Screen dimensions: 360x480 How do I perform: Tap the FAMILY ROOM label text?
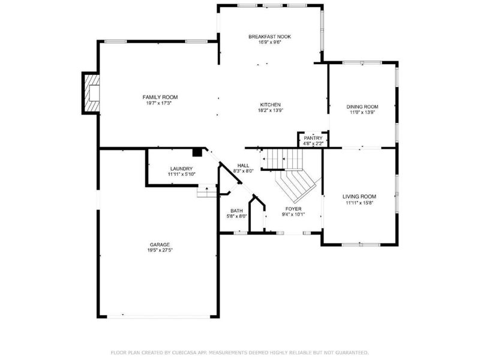click(160, 97)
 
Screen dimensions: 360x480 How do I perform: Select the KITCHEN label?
click(270, 104)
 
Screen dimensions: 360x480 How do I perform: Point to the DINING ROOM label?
click(362, 107)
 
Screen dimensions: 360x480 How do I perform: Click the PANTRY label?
click(313, 138)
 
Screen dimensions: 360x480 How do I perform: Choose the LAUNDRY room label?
click(181, 169)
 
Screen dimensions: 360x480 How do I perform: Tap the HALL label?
click(243, 165)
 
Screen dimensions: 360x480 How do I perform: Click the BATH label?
click(236, 211)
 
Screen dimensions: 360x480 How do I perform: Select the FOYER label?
click(293, 209)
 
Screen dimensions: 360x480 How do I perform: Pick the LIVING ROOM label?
click(359, 196)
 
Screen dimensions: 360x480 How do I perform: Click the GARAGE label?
click(160, 244)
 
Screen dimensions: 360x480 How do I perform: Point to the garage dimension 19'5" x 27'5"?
click(160, 250)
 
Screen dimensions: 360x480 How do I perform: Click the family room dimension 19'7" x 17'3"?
click(160, 103)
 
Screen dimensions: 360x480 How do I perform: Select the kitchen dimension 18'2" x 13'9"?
click(270, 110)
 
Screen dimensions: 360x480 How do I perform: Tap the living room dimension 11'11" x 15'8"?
click(359, 202)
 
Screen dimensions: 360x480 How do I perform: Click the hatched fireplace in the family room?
click(91, 92)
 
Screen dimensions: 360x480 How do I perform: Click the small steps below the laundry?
click(206, 191)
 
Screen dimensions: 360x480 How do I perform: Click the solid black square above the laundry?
click(197, 152)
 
